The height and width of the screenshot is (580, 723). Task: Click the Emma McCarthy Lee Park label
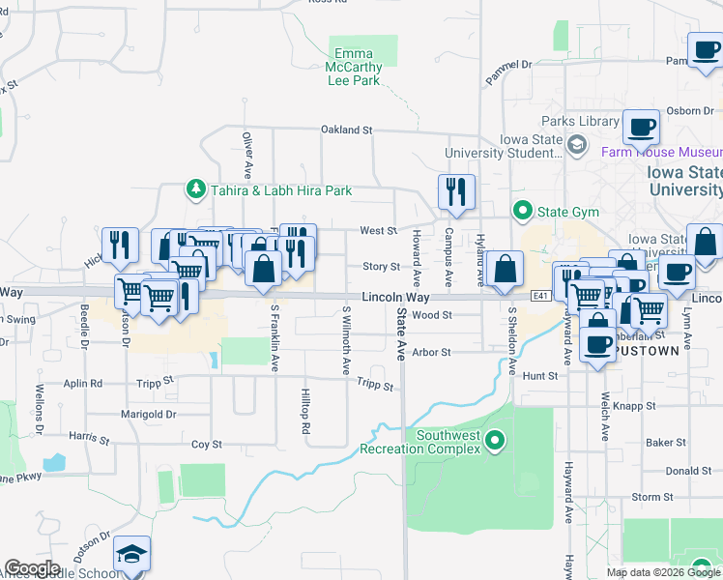[x=357, y=68]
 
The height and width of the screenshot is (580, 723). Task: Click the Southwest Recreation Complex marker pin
[x=496, y=442]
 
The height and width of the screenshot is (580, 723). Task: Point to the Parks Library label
[x=580, y=121]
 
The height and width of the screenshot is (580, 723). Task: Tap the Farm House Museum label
[x=661, y=152]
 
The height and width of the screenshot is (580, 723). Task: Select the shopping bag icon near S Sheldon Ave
[x=505, y=270]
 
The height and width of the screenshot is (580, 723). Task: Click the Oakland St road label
[x=346, y=130]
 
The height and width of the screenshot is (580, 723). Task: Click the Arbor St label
[x=432, y=352]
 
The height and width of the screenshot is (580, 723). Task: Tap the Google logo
[x=32, y=568]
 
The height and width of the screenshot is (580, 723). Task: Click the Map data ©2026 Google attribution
[x=662, y=572]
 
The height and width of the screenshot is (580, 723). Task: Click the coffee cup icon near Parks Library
[x=641, y=126]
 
